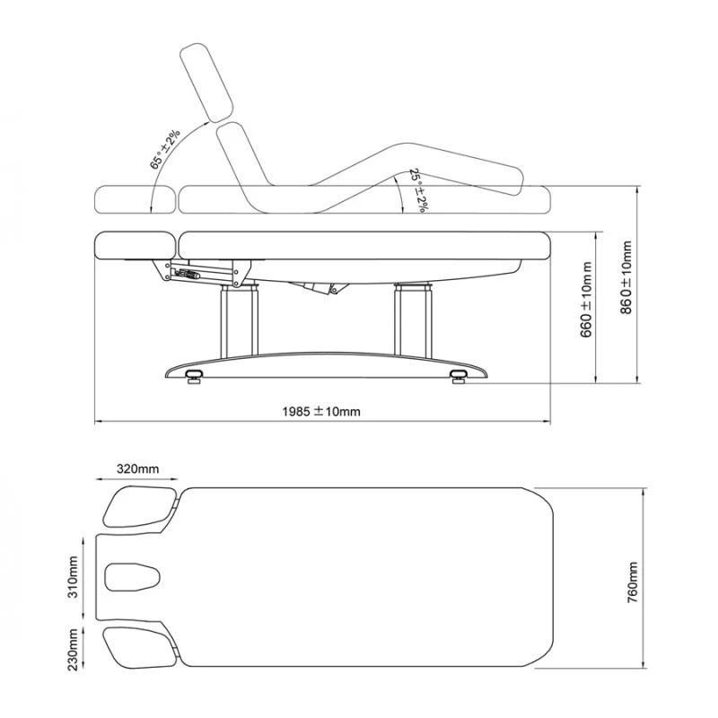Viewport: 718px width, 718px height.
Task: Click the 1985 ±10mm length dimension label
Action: coord(321,411)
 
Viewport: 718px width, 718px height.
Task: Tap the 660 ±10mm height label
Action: coord(587,300)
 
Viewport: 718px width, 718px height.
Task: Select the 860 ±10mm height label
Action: coord(626,277)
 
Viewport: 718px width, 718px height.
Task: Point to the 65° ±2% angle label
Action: coord(165,149)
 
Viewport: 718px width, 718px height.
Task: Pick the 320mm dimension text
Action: coord(138,468)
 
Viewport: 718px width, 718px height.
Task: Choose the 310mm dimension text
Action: coord(73,577)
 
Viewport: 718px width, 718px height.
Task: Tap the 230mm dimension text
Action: coord(74,649)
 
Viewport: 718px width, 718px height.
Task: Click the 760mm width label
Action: coord(633,582)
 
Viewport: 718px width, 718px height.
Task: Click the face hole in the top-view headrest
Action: coord(132,576)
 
